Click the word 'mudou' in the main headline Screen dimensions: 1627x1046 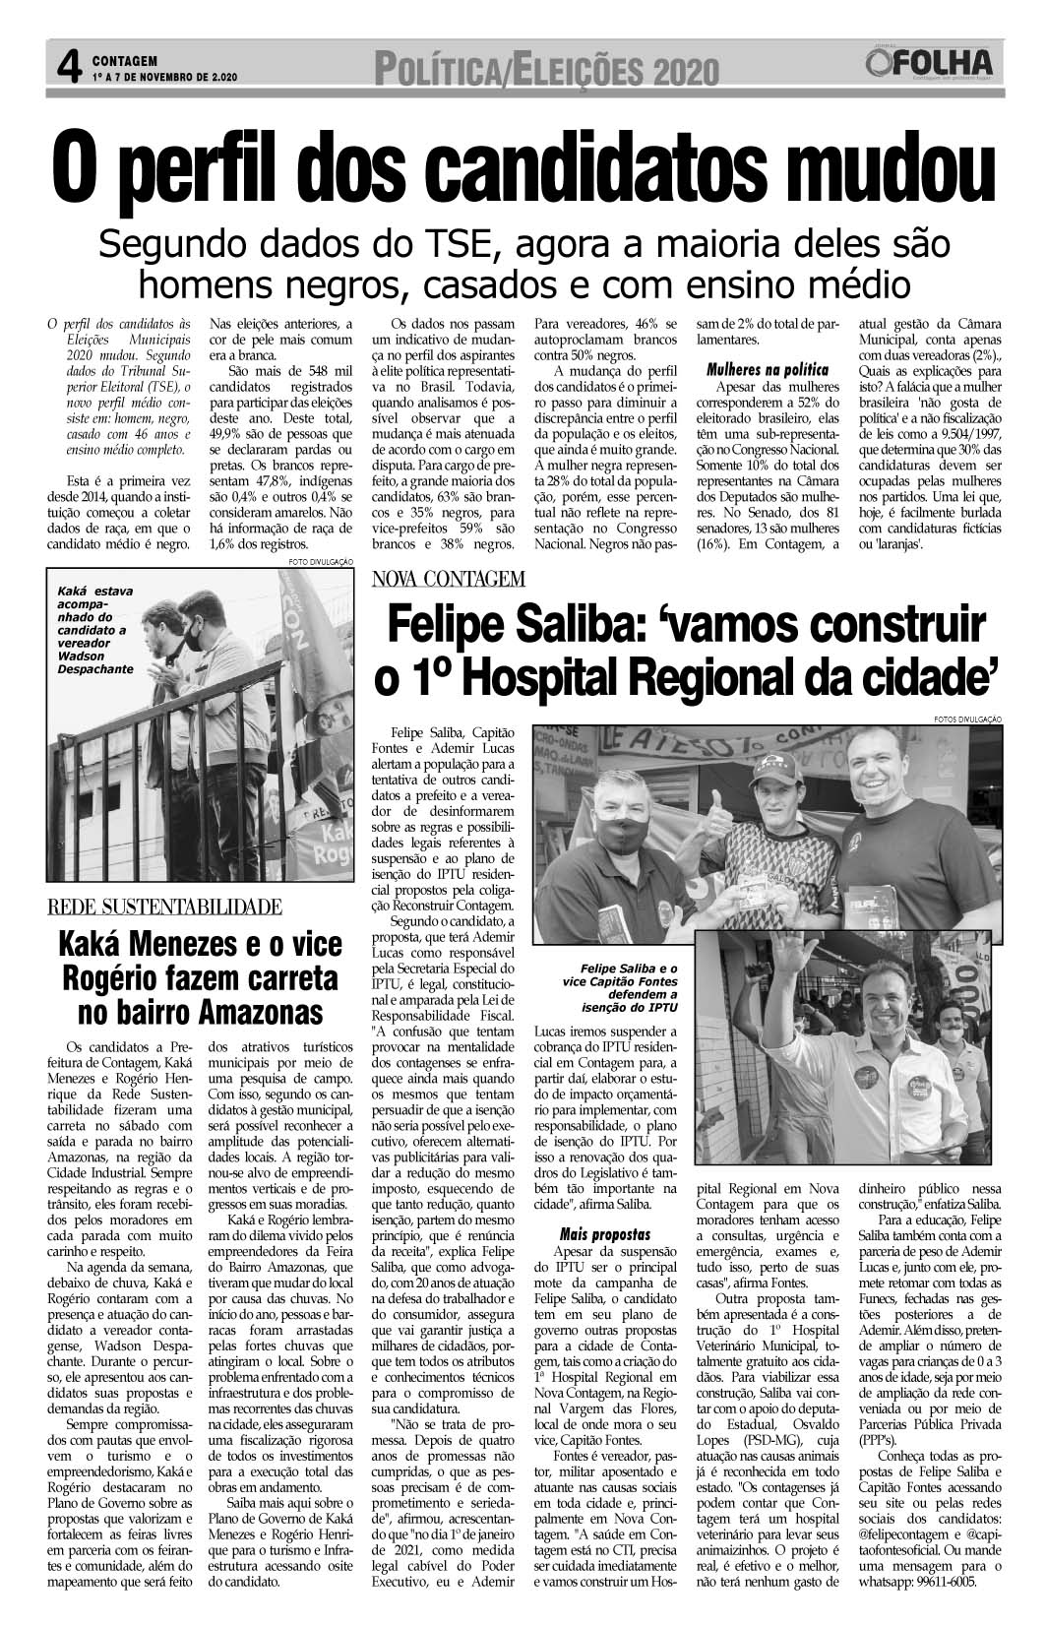coord(884,164)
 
